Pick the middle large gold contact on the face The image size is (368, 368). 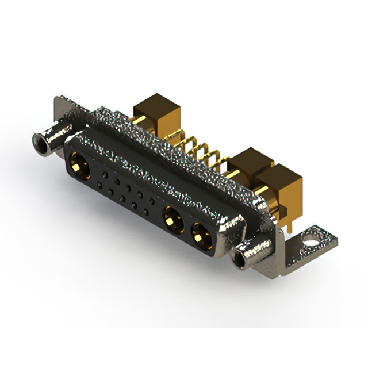click(x=171, y=218)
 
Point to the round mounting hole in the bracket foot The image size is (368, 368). click(x=312, y=235)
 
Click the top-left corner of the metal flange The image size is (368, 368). click(x=57, y=99)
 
